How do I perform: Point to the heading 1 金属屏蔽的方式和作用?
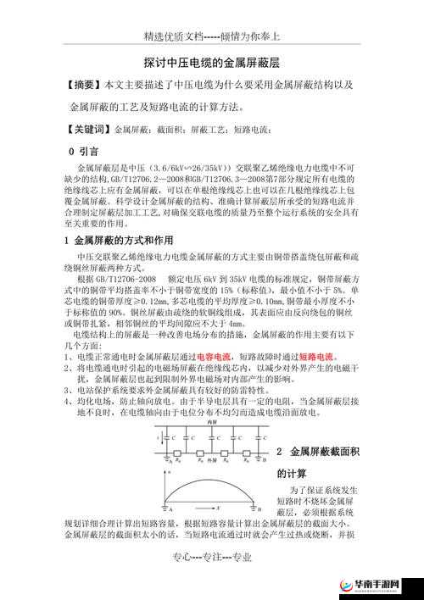(119, 240)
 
